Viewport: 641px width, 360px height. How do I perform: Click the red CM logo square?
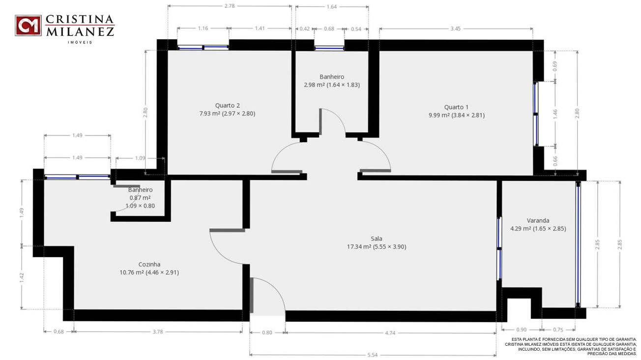click(28, 26)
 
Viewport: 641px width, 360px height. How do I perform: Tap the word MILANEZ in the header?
click(80, 32)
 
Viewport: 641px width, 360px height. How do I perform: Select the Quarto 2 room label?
click(228, 105)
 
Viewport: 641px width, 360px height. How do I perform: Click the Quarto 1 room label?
click(457, 107)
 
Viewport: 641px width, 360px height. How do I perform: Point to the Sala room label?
click(377, 239)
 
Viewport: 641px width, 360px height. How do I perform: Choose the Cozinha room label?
click(149, 264)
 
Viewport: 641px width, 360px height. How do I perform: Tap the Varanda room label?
click(538, 220)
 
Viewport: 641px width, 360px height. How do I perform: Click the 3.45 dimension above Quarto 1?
click(456, 29)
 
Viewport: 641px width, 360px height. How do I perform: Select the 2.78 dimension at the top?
click(230, 6)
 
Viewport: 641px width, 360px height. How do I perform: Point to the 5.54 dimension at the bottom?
click(372, 355)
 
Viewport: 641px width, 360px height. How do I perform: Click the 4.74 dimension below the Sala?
click(390, 333)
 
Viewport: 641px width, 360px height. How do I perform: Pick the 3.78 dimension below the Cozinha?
click(158, 331)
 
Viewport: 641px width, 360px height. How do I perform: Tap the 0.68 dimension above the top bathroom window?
click(329, 29)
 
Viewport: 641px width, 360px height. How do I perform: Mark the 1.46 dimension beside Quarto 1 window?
click(555, 114)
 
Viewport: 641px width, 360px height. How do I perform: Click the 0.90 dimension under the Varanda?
click(522, 330)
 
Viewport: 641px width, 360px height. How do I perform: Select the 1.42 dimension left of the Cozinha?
click(22, 277)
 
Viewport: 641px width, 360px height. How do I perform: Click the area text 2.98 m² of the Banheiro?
click(314, 85)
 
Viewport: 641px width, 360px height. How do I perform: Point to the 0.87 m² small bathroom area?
click(140, 198)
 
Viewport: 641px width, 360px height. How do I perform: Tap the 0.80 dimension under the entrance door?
click(267, 332)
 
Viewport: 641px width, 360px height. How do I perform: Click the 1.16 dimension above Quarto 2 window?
click(203, 28)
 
